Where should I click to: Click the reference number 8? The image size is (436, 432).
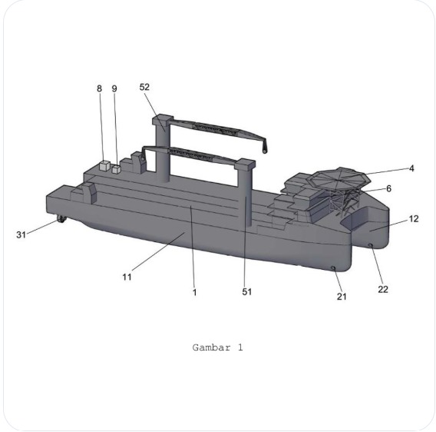coord(99,88)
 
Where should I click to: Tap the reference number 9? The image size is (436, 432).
coord(114,88)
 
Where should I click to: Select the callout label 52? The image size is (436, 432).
coord(144,87)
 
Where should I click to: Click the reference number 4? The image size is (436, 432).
coord(411,168)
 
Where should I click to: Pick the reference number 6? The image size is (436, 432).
coord(389,188)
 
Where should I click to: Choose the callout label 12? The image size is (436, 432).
coord(414,219)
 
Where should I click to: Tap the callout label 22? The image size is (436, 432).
coord(383,289)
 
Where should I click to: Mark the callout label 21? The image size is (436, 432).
coord(342,297)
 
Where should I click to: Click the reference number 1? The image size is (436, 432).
coord(194,291)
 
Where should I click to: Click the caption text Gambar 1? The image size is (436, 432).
coord(217,347)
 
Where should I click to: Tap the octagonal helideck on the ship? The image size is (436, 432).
coord(339,177)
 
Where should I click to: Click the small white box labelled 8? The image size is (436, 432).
coord(104,166)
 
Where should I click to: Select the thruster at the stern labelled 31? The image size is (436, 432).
coord(59,222)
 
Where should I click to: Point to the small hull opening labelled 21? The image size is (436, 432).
coord(334,268)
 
